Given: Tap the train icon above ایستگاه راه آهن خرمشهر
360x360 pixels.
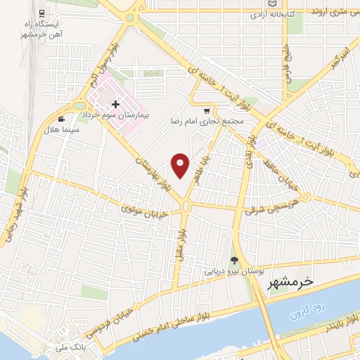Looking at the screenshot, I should coord(43,13).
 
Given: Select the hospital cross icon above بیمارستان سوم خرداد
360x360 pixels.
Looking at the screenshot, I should coord(115,104).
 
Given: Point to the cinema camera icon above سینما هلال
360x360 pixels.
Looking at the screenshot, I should coord(62,119).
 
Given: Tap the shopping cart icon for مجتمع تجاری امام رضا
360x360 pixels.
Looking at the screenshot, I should coord(206,110).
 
